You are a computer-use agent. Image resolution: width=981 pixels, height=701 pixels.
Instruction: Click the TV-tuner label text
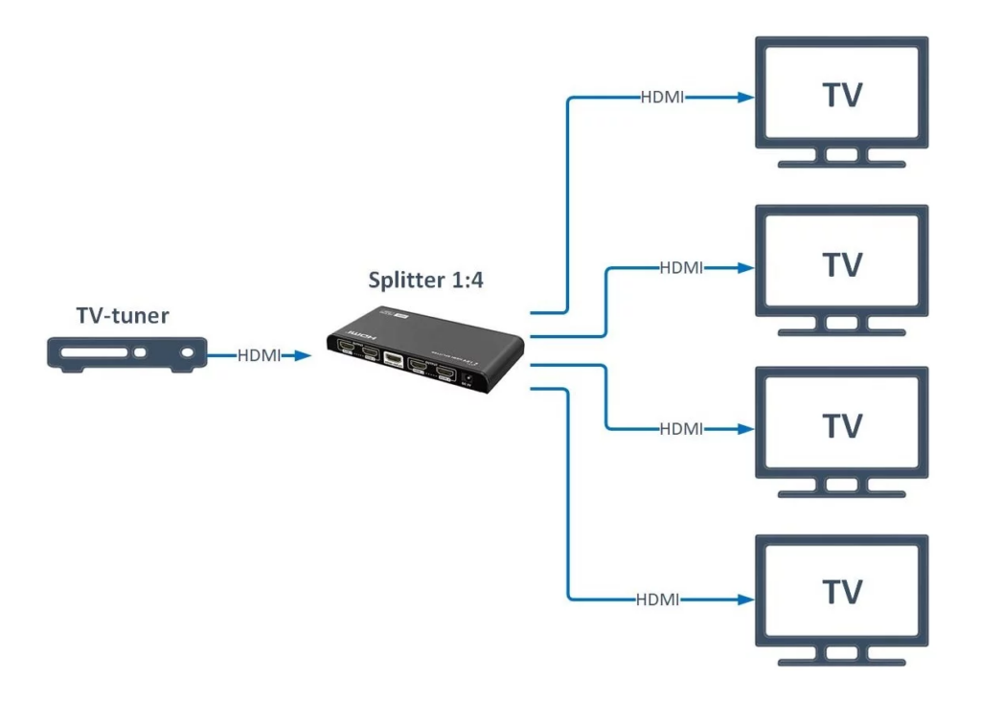tap(123, 317)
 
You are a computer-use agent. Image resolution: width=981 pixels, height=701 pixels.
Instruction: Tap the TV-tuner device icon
tap(127, 354)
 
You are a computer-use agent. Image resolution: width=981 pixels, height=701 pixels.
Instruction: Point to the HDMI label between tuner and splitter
tap(259, 356)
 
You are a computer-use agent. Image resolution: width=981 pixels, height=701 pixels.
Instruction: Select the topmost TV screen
tap(842, 94)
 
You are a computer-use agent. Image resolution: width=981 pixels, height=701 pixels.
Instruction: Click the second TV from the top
tap(842, 260)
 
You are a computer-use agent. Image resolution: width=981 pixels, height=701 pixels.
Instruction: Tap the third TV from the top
tap(842, 424)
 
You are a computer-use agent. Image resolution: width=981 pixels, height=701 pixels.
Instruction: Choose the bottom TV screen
tap(842, 589)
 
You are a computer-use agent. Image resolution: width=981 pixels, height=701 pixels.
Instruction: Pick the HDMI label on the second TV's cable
tap(681, 268)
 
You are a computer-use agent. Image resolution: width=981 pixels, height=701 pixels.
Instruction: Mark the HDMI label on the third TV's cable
tap(681, 428)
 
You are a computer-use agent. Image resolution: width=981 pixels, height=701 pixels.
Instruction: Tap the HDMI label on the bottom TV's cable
tap(657, 600)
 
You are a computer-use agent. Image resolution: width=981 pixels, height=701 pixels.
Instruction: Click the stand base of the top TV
tap(842, 164)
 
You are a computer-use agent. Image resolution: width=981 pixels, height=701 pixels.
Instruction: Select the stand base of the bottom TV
tap(842, 660)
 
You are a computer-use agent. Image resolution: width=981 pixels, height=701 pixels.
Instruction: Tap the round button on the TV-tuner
tap(144, 352)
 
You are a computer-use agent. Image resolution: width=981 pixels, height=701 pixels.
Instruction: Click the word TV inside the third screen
tap(842, 424)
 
